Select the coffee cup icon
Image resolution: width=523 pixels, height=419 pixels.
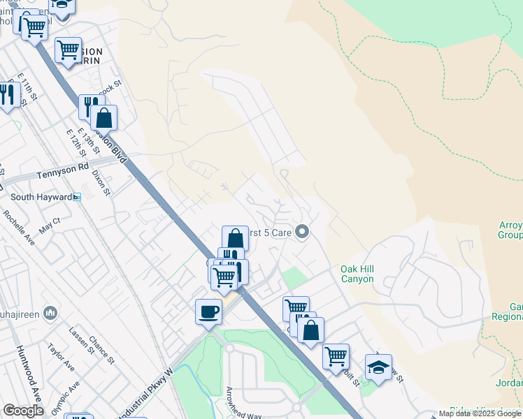(x=208, y=311)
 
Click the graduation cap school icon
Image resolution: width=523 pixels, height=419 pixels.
(x=378, y=367)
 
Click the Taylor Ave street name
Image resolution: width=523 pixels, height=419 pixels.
(x=61, y=356)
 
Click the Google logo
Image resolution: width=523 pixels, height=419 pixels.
(x=23, y=411)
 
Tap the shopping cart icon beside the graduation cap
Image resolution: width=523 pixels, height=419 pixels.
(x=336, y=356)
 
